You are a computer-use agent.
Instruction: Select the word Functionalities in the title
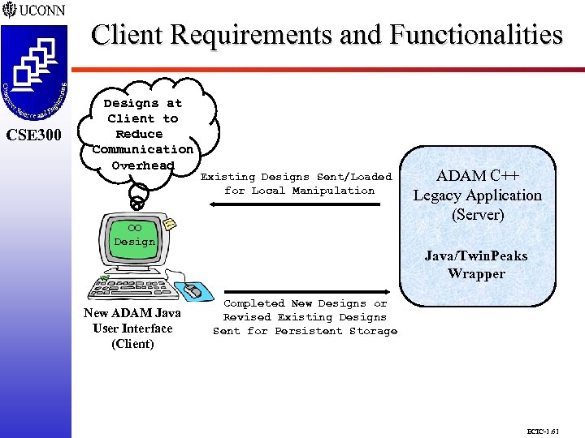[x=475, y=35]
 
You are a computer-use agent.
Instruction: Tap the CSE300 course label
[x=34, y=134]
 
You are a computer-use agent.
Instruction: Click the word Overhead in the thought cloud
[x=143, y=165]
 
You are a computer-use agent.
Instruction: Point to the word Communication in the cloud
[x=143, y=149]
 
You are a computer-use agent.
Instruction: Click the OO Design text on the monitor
[x=134, y=235]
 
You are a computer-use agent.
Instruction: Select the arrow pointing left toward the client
[x=292, y=205]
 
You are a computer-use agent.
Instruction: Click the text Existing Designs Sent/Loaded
[x=296, y=176]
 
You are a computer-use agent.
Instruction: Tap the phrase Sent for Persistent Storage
[x=305, y=331]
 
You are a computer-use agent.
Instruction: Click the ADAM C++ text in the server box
[x=477, y=176]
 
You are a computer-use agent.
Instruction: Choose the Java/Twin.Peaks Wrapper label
[x=476, y=264]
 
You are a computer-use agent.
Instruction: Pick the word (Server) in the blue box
[x=477, y=215]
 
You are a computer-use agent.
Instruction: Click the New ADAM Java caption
[x=132, y=313]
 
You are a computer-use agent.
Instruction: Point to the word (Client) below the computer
[x=132, y=343]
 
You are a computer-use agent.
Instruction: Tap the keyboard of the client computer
[x=134, y=290]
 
